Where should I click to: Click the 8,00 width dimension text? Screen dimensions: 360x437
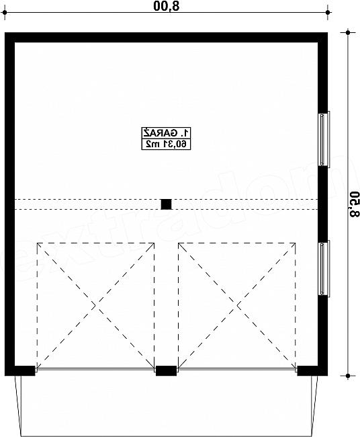click(x=166, y=6)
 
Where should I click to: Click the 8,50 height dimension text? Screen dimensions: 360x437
click(x=354, y=204)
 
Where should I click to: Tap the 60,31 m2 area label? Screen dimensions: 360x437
click(x=166, y=144)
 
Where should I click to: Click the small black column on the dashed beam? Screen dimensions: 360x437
click(x=166, y=204)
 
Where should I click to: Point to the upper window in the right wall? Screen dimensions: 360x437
click(x=324, y=139)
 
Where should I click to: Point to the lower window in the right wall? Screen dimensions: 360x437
click(x=324, y=268)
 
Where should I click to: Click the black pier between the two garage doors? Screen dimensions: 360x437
click(x=166, y=370)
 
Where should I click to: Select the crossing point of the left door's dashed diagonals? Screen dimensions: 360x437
click(x=95, y=306)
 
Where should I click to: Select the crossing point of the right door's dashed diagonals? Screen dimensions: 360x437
click(x=237, y=306)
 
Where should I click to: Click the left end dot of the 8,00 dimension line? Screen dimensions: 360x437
click(x=5, y=13)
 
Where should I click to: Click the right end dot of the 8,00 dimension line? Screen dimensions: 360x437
click(x=328, y=13)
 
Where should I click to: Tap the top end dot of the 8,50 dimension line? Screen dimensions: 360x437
click(x=348, y=33)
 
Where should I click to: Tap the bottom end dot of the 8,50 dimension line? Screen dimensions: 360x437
click(x=348, y=376)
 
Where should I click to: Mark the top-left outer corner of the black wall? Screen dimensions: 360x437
click(x=5, y=33)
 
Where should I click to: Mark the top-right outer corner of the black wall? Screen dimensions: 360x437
click(x=328, y=33)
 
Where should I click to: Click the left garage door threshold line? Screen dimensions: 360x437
click(x=95, y=369)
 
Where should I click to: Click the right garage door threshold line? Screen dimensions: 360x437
click(x=237, y=369)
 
